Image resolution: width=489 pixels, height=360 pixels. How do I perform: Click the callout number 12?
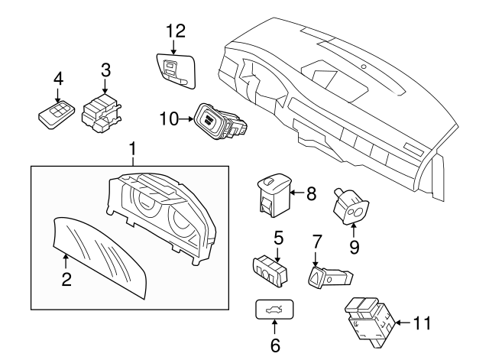tap(176, 31)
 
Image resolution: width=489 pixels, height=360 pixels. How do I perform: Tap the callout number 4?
tap(58, 78)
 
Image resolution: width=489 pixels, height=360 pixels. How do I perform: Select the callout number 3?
tap(106, 70)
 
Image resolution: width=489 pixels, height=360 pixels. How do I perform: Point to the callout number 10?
tap(169, 118)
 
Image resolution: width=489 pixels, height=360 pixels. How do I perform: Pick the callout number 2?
tap(66, 280)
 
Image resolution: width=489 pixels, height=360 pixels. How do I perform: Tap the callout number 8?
tap(310, 194)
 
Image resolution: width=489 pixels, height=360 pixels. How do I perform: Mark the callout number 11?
tap(423, 323)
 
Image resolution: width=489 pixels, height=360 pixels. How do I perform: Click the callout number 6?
tap(275, 345)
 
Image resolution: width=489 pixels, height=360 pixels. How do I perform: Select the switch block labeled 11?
tap(368, 316)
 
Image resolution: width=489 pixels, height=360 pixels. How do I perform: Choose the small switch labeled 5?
tap(270, 268)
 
